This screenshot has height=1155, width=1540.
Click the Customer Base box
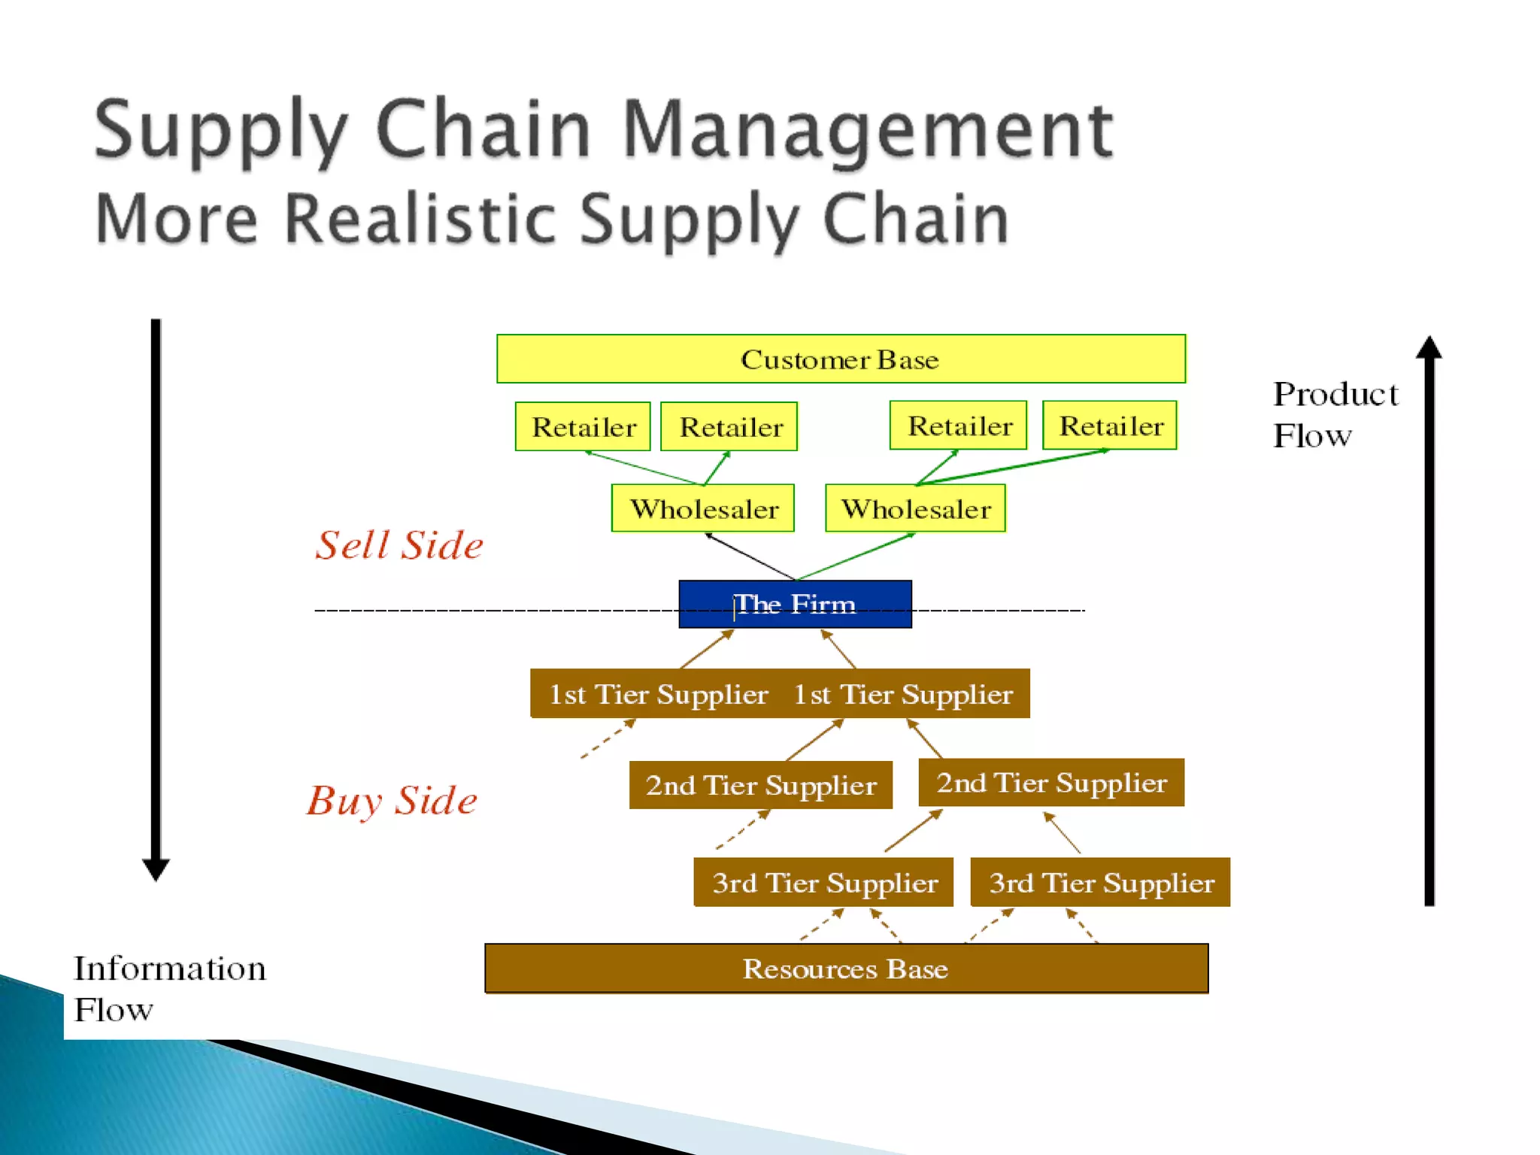(x=841, y=359)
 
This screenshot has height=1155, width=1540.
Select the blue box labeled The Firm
(x=795, y=604)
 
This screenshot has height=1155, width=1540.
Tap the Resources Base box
(x=846, y=969)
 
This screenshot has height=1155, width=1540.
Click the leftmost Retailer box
(x=583, y=426)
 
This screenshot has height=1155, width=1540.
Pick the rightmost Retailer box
(x=1110, y=426)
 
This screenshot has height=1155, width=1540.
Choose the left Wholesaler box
(x=703, y=508)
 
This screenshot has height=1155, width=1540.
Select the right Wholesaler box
(x=915, y=508)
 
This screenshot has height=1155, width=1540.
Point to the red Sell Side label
(x=399, y=544)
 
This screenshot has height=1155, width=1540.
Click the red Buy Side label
(x=392, y=800)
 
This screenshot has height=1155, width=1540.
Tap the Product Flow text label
(x=1334, y=414)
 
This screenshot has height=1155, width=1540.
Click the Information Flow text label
(x=169, y=988)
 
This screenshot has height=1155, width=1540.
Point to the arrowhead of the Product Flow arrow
(x=1429, y=347)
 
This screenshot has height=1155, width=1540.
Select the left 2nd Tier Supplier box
(x=760, y=785)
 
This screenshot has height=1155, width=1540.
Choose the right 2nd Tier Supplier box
(x=1051, y=783)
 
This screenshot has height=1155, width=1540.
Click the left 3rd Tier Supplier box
(x=823, y=882)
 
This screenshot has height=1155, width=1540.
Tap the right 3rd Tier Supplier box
(x=1100, y=882)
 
